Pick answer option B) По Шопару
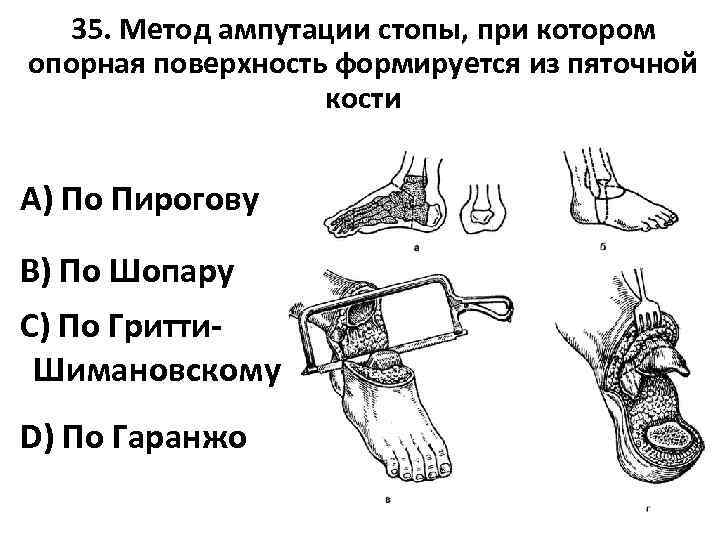tap(127, 270)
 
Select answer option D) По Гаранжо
tap(133, 437)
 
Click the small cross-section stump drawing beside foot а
tap(483, 207)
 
